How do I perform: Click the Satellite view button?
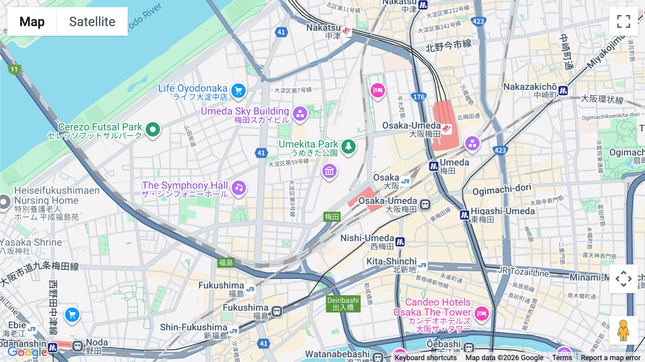click(92, 22)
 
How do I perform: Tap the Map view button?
click(32, 22)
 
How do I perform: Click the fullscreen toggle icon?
click(623, 22)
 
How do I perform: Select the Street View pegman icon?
click(623, 330)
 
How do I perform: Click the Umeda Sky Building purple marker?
click(300, 114)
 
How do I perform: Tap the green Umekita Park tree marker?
click(348, 146)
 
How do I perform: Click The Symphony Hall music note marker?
click(239, 187)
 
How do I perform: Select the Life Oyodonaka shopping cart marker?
click(238, 90)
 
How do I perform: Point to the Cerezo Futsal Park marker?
click(153, 129)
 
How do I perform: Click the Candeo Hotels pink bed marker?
click(482, 314)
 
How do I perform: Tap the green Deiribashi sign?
click(343, 304)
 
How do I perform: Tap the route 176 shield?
click(419, 97)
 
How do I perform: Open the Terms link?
click(562, 358)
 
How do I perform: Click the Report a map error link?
click(611, 358)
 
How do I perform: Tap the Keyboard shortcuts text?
click(426, 358)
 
